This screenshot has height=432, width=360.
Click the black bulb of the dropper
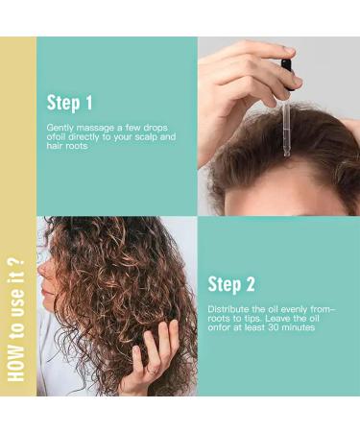pyautogui.click(x=286, y=68)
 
